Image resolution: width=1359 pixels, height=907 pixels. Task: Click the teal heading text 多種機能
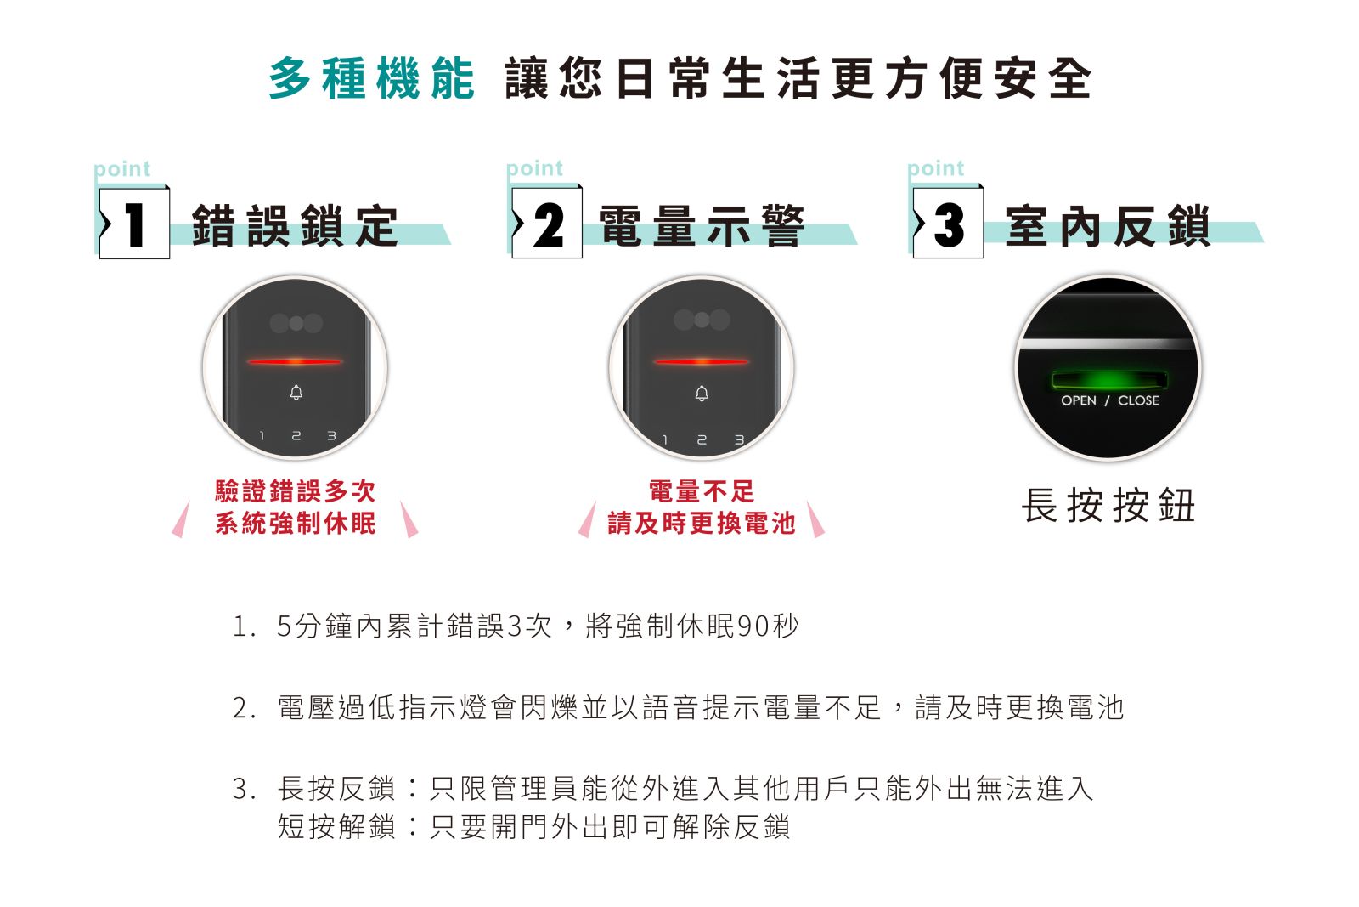coord(371,77)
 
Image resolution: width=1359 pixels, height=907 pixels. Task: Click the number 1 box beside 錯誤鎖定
coord(134,224)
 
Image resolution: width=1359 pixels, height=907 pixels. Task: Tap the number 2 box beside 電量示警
coord(547,223)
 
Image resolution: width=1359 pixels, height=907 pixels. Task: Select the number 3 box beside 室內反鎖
coord(948,223)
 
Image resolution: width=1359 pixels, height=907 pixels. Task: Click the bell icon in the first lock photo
coord(296,392)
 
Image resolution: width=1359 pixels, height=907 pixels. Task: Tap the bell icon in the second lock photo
coord(702,394)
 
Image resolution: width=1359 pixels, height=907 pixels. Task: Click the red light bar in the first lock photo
coord(295,362)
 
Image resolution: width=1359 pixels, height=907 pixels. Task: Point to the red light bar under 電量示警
coord(702,362)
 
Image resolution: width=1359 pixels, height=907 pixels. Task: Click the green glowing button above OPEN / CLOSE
coord(1109,381)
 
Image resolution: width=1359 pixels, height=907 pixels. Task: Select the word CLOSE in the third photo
coord(1138,400)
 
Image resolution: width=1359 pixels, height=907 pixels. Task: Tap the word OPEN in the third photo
coord(1079,400)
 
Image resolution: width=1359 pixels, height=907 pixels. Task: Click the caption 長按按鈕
coord(1108,505)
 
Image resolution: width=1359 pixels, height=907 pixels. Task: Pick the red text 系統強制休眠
coord(296,524)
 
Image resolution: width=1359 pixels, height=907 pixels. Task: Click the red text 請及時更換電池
coord(702,524)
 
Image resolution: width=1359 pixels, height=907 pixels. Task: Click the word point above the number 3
coord(935,168)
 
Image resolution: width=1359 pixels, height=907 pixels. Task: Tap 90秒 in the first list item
coord(767,626)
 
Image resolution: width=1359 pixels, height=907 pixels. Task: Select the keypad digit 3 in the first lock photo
coord(331,436)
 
